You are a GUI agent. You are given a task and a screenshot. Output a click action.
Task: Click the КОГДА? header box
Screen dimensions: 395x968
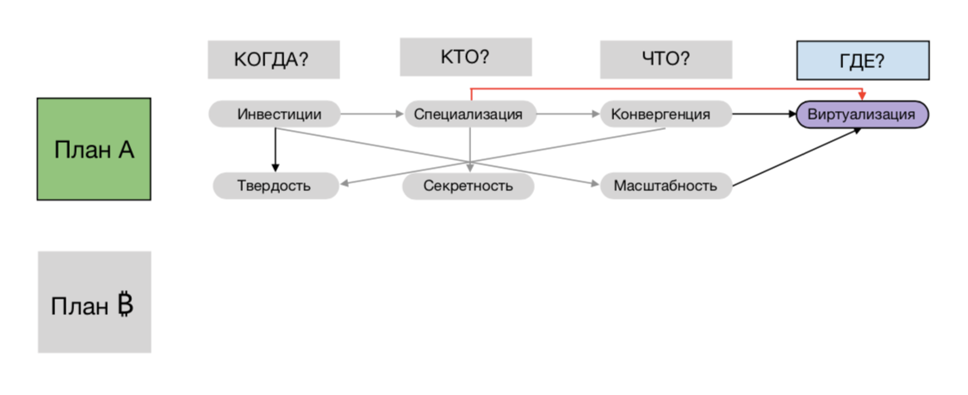coord(273,59)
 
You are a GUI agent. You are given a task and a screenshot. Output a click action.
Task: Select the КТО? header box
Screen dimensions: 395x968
coord(465,57)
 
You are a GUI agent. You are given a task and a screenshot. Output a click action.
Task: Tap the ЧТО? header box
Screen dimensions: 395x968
coord(666,59)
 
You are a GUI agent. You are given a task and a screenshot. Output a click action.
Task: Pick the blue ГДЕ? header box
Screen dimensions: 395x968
coord(862,60)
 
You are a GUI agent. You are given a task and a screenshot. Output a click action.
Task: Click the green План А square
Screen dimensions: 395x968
coord(94,149)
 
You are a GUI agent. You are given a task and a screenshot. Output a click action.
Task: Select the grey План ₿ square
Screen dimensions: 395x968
coord(94,302)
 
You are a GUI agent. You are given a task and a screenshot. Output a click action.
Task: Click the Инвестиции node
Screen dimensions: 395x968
coord(274,114)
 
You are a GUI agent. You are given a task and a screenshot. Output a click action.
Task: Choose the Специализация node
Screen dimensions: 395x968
coord(469,114)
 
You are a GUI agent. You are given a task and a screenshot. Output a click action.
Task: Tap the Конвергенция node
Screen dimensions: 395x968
coord(666,114)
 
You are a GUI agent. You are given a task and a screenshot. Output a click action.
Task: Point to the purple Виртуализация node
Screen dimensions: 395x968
coord(862,114)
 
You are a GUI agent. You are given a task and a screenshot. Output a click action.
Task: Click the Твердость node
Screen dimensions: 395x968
coord(274,185)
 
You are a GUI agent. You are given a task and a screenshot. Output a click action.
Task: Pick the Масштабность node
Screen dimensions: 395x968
coord(666,185)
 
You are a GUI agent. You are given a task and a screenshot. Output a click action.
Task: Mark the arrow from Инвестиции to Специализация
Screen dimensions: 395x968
coord(372,114)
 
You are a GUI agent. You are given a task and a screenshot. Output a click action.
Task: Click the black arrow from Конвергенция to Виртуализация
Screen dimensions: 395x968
coord(763,114)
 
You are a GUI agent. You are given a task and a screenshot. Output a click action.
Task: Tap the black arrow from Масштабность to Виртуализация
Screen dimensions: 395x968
coord(797,157)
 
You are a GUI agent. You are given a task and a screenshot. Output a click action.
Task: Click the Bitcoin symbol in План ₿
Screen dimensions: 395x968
coord(125,306)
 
